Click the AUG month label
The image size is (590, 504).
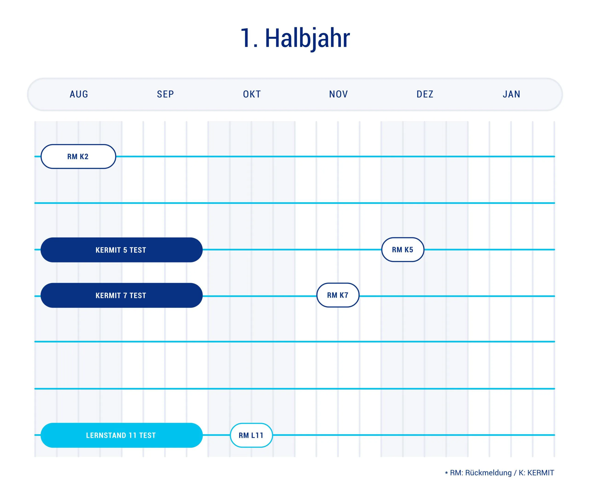pos(79,94)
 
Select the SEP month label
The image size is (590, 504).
pos(165,94)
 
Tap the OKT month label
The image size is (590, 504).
pos(252,94)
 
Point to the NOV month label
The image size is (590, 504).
pos(338,94)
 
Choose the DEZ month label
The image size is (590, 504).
pos(425,94)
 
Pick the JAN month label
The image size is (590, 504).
pos(511,94)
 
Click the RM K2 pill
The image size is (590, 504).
pos(78,156)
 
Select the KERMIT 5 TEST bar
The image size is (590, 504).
pos(121,250)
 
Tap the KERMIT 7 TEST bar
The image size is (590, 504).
pos(121,295)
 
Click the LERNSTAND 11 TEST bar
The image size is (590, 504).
pos(121,435)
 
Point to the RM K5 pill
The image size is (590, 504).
pos(402,250)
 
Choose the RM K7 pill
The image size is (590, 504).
pos(338,295)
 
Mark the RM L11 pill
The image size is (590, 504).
pos(251,435)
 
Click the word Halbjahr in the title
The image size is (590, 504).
pos(307,38)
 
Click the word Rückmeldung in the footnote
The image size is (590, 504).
pos(488,473)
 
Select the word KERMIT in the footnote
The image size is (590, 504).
pos(540,473)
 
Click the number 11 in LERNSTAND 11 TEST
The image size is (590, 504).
pos(133,435)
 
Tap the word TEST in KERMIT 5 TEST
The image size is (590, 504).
pos(138,250)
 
